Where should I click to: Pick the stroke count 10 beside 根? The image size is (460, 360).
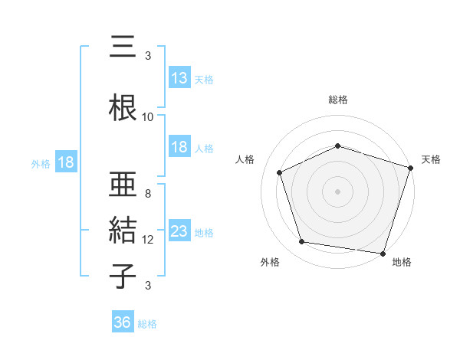[x=147, y=117]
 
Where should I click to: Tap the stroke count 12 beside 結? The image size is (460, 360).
[x=148, y=239]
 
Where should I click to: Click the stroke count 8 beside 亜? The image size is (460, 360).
[x=147, y=193]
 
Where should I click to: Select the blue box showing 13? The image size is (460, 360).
[x=179, y=77]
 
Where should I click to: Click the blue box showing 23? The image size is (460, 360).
[x=179, y=231]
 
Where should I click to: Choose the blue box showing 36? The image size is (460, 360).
[x=122, y=322]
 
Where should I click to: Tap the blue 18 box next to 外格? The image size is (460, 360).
[x=65, y=162]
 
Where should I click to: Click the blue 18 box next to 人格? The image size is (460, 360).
[x=179, y=147]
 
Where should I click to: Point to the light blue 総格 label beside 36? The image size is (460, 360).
[x=147, y=324]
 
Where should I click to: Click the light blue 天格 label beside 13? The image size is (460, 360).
[x=204, y=79]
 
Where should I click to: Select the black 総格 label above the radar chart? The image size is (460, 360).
[x=338, y=100]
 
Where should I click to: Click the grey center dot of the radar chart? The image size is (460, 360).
[x=338, y=191]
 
